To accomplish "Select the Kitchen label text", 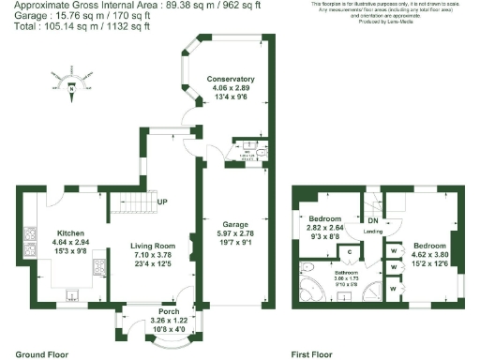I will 73,232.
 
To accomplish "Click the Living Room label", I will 153,245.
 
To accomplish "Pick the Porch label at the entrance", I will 169,311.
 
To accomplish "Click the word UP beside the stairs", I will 162,202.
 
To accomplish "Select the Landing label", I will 372,231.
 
